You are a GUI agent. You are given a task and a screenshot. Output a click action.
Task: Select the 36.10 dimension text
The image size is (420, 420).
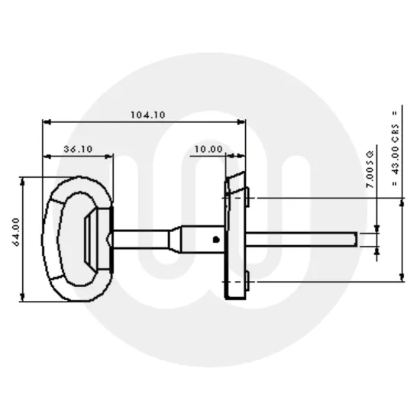pos(78,150)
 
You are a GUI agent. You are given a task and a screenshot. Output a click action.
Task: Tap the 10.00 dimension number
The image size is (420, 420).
pos(208,150)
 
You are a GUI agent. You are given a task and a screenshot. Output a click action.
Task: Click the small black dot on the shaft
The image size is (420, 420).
pos(217,240)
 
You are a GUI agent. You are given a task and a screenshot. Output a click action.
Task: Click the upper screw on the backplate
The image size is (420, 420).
pos(250,200)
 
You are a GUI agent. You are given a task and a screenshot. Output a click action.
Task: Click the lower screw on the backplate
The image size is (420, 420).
pos(250,286)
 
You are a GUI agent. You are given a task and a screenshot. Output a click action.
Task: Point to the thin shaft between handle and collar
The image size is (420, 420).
pos(141,237)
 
